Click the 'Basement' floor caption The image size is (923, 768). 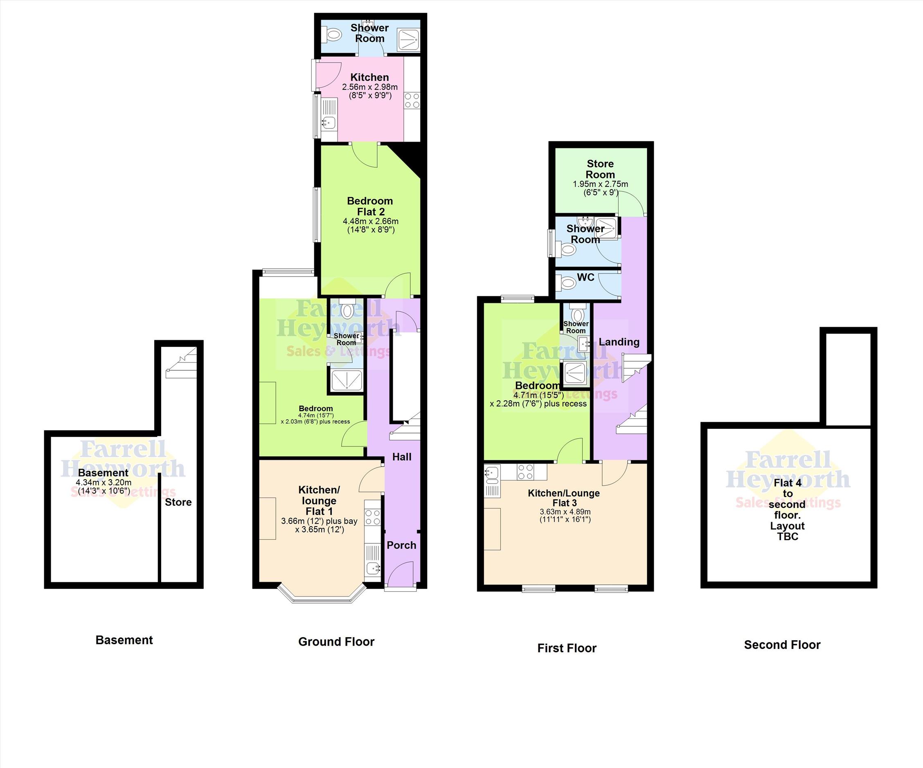point(124,640)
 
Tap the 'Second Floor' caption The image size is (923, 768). point(782,645)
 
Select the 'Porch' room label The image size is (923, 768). point(401,545)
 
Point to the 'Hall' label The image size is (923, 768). point(402,457)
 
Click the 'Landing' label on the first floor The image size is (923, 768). point(619,342)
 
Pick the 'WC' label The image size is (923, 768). point(585,277)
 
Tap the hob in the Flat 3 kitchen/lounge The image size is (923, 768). point(526,472)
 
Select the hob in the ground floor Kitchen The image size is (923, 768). point(412,100)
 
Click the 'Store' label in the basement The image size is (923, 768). point(178,502)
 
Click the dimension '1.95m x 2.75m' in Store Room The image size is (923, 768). point(600,184)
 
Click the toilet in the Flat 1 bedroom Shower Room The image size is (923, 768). point(347,310)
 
